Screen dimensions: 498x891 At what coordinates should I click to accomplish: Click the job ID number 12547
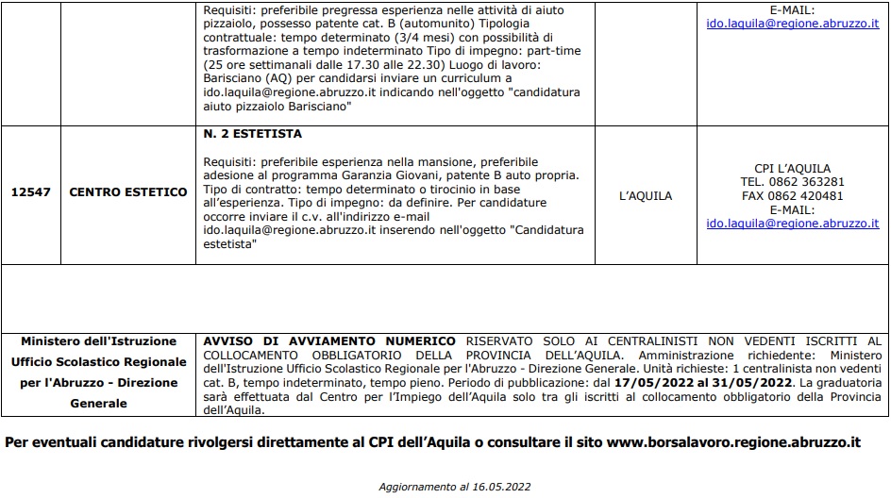31,192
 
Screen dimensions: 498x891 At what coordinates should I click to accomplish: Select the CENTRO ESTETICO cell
128,192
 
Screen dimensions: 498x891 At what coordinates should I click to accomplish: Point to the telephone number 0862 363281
806,182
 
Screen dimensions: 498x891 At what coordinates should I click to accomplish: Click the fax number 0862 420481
806,196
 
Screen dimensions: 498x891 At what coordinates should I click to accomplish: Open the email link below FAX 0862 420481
792,224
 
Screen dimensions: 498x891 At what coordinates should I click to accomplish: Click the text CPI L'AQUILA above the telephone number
792,168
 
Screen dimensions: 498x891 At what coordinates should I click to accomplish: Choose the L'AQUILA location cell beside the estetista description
646,196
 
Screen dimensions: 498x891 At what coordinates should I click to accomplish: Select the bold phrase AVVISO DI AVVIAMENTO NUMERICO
329,340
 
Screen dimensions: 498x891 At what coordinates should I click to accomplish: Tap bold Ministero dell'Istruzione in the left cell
98,341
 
